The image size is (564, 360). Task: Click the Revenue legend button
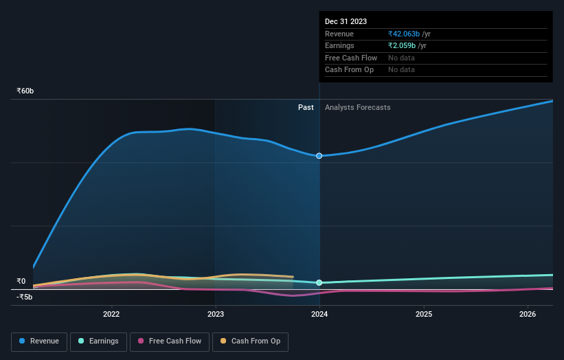pos(39,341)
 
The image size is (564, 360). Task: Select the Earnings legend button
pos(98,341)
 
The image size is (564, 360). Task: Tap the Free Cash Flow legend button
pos(170,341)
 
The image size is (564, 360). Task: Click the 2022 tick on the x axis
pos(111,315)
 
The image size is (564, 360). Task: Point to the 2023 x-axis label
pos(216,315)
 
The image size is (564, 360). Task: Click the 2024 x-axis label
pos(319,315)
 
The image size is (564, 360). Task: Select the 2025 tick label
pos(424,315)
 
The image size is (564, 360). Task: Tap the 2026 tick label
pos(528,315)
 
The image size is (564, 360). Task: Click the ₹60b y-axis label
pos(25,91)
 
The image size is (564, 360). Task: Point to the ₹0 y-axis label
pos(21,281)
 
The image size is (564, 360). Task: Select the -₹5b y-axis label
pos(24,297)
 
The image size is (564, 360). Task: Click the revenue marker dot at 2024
pos(319,156)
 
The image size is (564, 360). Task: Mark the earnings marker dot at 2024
pos(319,282)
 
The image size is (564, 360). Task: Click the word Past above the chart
pos(306,107)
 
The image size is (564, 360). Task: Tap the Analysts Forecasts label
pos(357,107)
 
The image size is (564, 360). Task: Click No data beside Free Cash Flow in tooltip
pos(401,58)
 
